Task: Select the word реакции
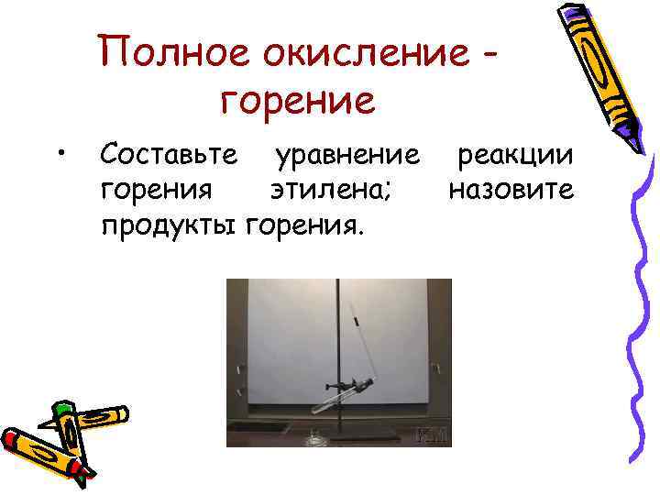(516, 156)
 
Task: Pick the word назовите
(511, 190)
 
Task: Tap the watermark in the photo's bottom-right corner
(431, 434)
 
